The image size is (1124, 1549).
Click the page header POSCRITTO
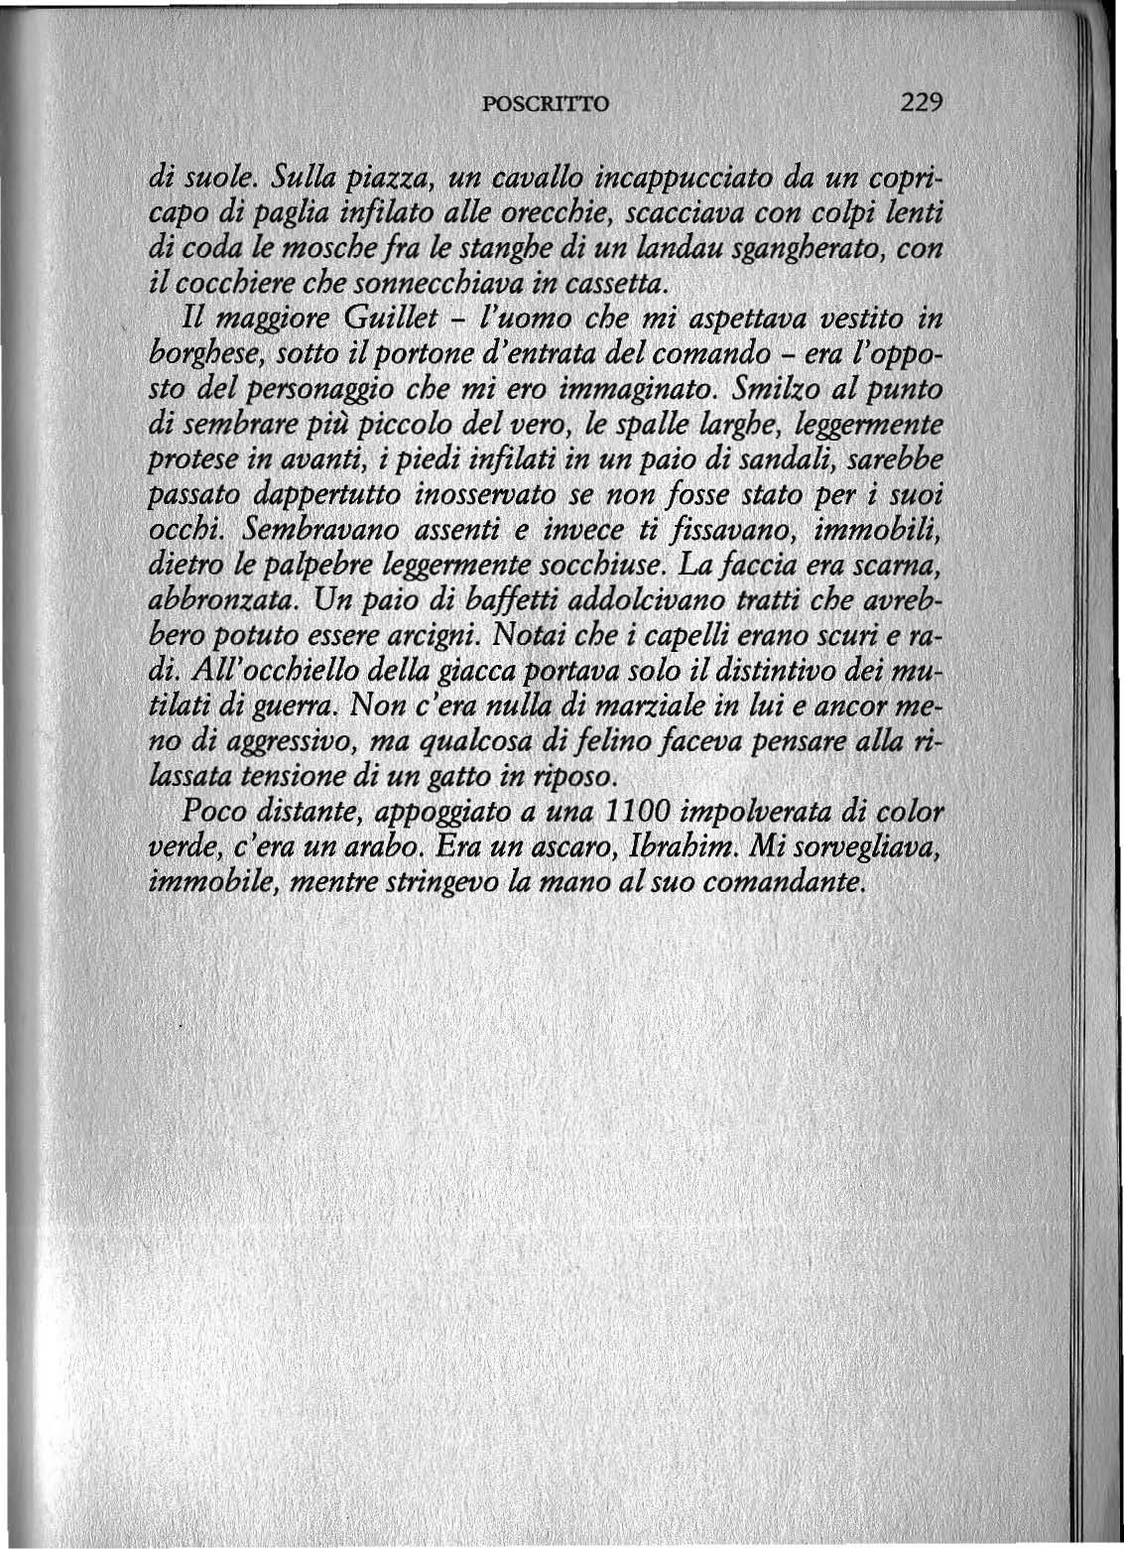tap(549, 102)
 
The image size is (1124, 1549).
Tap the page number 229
tap(921, 101)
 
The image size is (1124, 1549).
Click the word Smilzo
tap(771, 388)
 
